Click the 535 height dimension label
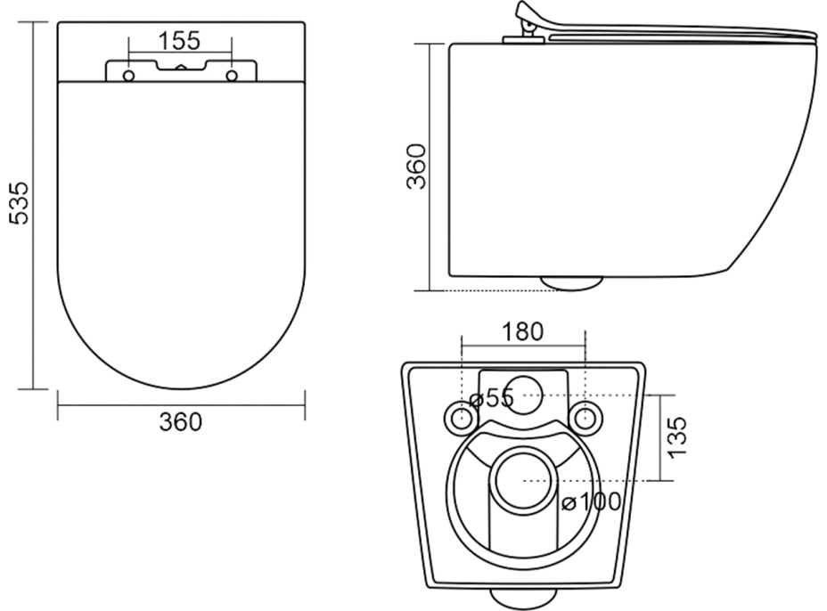(x=20, y=203)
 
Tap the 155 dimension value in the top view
(x=179, y=41)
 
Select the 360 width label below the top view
(x=180, y=422)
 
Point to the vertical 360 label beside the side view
(x=416, y=166)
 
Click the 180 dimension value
(x=522, y=331)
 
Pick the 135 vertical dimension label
(x=677, y=437)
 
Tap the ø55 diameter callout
(x=492, y=398)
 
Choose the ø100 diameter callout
(x=591, y=501)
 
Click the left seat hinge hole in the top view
(x=128, y=76)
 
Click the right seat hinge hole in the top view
(x=232, y=76)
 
